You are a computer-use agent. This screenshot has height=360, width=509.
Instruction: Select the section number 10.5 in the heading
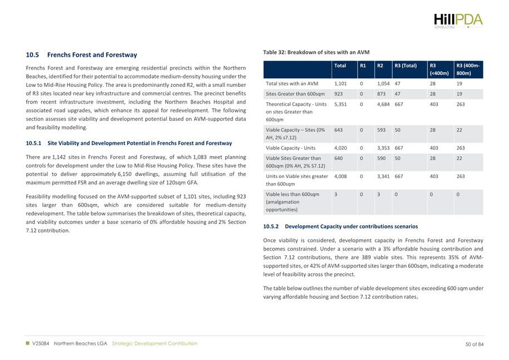[32, 55]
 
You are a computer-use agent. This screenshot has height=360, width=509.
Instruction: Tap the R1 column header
[363, 66]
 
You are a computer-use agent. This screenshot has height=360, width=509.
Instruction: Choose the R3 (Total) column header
[406, 66]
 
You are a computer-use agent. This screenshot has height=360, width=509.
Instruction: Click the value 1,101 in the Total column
[340, 83]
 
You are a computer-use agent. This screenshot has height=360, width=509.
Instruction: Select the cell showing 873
[382, 94]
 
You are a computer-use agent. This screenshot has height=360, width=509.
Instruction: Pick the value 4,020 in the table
[340, 149]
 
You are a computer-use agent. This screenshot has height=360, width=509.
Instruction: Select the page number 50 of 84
[475, 343]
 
